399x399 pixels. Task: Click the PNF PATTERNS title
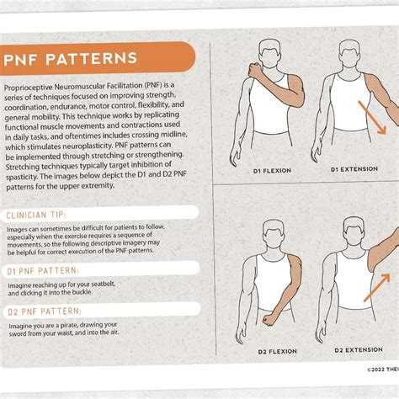point(72,61)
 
